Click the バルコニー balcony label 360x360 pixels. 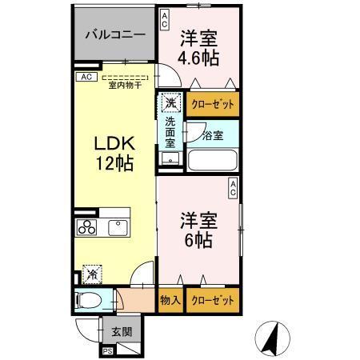coord(116,36)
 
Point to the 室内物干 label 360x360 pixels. coord(127,84)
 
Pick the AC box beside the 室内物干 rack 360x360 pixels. coord(84,78)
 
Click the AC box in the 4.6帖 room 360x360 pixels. coord(164,19)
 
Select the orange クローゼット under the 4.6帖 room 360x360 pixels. coord(214,104)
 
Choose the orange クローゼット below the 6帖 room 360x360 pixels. coord(214,301)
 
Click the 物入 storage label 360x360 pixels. coord(169,301)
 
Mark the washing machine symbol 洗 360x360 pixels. coord(170,102)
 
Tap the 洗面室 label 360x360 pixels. coord(170,133)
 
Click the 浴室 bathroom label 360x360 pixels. coord(213,134)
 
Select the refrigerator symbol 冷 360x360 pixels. coord(92,274)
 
